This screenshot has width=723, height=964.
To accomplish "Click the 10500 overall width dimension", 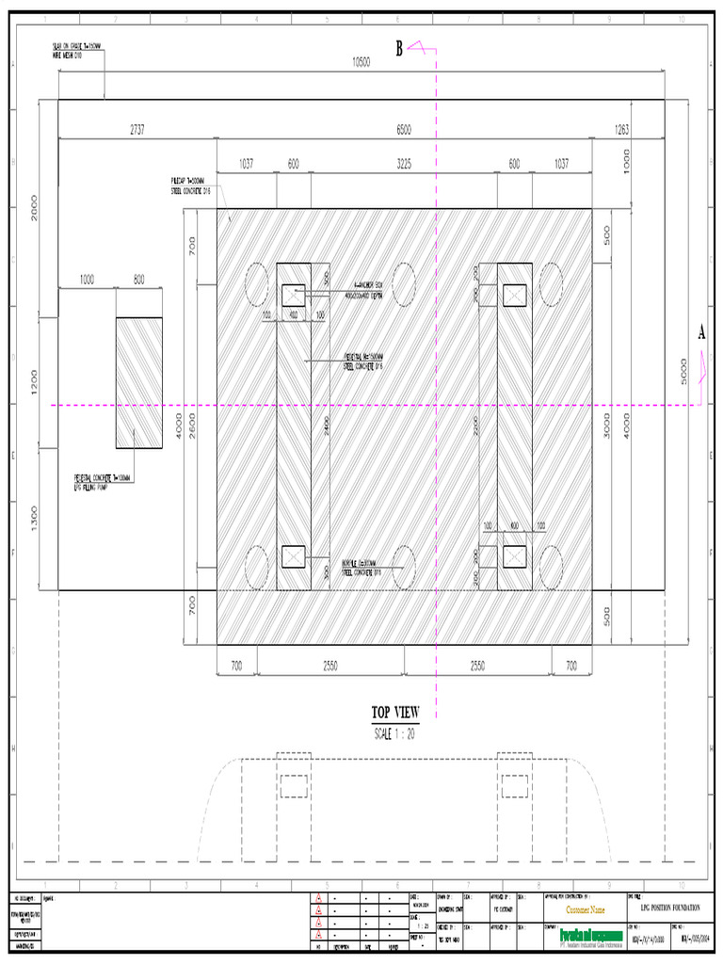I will [x=361, y=62].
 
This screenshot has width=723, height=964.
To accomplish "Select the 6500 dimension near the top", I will [x=404, y=131].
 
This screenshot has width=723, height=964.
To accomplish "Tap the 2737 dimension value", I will [x=137, y=131].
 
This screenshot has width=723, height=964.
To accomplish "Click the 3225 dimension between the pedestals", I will [x=404, y=164].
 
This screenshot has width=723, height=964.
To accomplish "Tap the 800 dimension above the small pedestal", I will [x=138, y=280].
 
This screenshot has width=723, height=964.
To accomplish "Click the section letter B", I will [x=399, y=49].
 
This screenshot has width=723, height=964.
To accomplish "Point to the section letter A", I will [x=700, y=332].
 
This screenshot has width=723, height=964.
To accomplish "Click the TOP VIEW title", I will [x=395, y=713].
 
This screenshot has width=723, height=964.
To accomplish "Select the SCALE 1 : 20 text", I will [x=396, y=732].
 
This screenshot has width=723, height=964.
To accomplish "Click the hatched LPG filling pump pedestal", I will [x=138, y=382].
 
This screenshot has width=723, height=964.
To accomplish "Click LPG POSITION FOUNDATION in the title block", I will [x=670, y=908].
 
